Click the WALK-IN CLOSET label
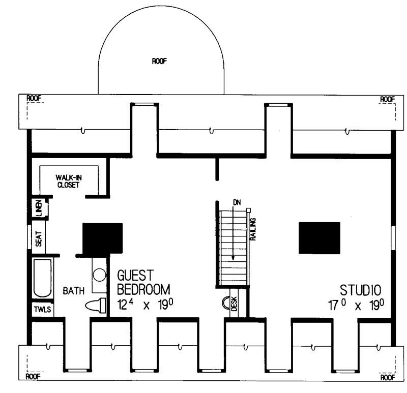coord(68,181)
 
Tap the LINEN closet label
coord(39,208)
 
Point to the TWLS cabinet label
coord(42,309)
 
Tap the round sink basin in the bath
coord(99,275)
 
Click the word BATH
coord(73,291)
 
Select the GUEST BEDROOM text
coord(142,283)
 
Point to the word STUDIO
coord(360,290)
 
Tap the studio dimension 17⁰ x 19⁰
coord(356,306)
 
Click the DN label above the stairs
coord(236,202)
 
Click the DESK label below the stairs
coord(235,305)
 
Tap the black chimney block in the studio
coord(319,237)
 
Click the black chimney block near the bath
coord(103,238)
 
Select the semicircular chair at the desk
coord(224,304)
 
